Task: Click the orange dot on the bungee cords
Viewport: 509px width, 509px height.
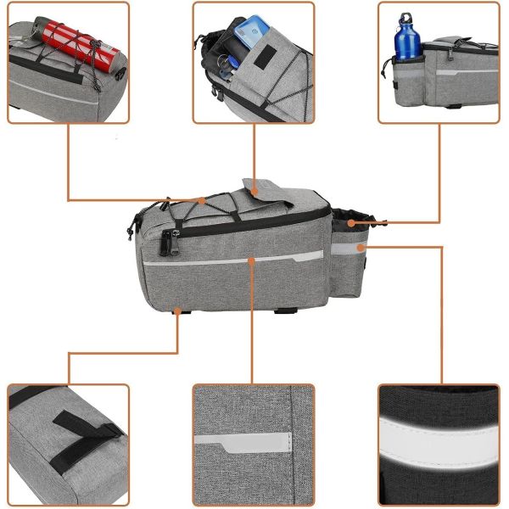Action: click(x=203, y=201)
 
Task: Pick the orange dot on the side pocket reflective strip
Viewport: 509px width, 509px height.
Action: click(x=362, y=247)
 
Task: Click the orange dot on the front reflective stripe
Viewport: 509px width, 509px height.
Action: click(x=252, y=260)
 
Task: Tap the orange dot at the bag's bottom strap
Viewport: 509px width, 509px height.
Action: click(x=178, y=310)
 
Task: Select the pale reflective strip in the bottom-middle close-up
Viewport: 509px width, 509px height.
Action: click(x=243, y=441)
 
